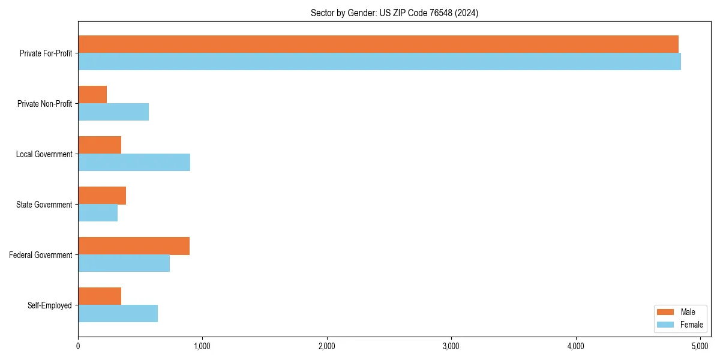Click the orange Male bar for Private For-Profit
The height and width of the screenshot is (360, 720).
378,44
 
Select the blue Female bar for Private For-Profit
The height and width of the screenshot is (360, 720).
379,62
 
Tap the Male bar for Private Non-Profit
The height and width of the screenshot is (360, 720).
92,95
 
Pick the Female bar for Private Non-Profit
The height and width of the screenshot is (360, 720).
113,112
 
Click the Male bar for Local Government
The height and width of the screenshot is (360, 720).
100,145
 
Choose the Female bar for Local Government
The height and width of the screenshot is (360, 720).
134,163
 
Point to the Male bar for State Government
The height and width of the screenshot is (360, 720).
102,196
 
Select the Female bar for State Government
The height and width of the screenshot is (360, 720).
98,213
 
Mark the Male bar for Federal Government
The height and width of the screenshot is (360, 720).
134,246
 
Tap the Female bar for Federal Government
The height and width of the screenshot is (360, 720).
124,263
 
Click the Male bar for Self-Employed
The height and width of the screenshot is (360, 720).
100,296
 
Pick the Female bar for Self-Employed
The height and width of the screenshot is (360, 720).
118,314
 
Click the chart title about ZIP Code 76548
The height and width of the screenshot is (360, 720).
394,13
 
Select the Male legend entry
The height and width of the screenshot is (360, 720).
680,312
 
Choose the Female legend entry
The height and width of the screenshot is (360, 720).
680,325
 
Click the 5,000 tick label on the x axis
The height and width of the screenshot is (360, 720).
700,346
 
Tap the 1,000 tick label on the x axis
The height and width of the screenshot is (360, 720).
202,346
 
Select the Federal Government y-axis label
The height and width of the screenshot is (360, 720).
41,255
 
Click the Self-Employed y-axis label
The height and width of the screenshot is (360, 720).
50,305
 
